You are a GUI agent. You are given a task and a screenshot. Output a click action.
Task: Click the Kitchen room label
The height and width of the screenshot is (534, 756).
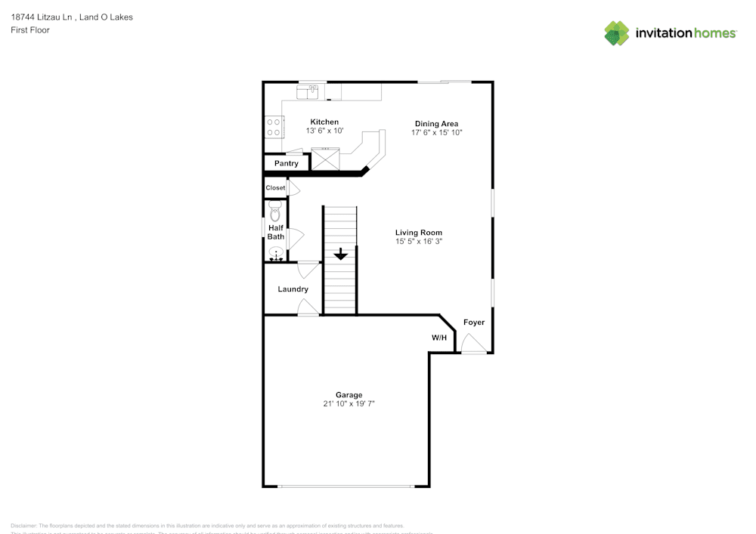324,122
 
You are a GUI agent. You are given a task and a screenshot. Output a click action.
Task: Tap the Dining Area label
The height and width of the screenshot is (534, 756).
436,124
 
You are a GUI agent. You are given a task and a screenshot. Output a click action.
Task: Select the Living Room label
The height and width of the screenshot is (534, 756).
418,233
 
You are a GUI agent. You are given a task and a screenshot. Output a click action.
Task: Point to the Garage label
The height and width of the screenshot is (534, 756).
349,394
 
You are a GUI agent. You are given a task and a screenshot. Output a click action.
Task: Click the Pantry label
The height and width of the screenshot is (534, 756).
286,163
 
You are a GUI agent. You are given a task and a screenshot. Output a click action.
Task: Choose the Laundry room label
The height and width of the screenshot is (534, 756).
293,289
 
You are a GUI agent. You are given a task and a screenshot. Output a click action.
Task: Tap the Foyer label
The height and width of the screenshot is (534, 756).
474,323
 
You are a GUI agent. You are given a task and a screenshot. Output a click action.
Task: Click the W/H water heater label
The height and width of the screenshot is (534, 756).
439,338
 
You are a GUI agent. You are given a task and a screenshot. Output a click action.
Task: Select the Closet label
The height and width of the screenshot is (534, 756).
275,187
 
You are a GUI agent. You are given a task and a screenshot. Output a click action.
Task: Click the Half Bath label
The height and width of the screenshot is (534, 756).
276,232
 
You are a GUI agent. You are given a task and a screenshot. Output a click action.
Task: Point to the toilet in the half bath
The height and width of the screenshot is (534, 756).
275,212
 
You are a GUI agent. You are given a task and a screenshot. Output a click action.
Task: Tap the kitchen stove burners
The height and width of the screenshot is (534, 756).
274,126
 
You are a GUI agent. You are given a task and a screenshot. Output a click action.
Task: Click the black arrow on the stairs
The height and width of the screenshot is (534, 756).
341,254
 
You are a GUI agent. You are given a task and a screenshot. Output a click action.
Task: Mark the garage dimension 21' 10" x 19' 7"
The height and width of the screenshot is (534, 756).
349,404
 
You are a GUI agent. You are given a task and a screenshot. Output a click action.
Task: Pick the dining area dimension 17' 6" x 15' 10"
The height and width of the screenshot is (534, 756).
436,132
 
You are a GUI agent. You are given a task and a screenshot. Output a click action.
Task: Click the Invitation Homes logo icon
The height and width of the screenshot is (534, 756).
617,33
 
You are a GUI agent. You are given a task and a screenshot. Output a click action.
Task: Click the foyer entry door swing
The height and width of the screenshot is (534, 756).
473,344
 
